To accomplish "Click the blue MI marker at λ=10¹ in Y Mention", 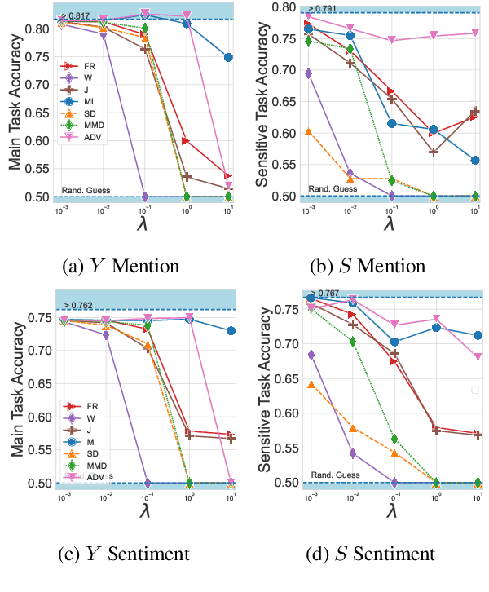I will pyautogui.click(x=228, y=58).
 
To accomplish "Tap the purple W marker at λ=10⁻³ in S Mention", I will pyautogui.click(x=308, y=73).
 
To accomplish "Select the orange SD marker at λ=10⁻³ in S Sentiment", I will pyautogui.click(x=308, y=384).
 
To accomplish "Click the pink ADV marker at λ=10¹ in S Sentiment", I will pyautogui.click(x=475, y=356).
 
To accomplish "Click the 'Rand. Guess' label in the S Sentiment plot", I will pyautogui.click(x=331, y=474).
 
